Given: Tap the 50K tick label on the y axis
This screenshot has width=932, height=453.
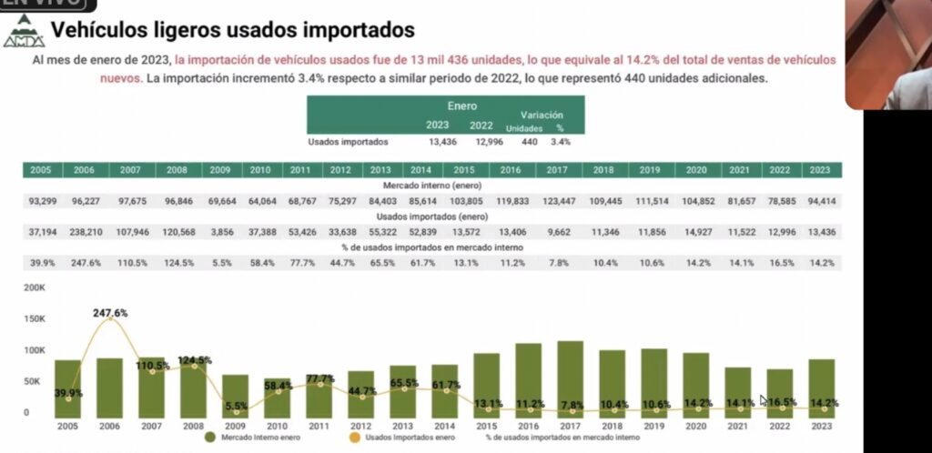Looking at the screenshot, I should (34, 381).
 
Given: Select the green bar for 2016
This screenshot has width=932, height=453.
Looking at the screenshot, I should (529, 379).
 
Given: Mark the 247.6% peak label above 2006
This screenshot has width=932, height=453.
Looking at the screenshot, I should (110, 313).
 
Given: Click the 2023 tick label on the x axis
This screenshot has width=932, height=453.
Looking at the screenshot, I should (822, 426).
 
